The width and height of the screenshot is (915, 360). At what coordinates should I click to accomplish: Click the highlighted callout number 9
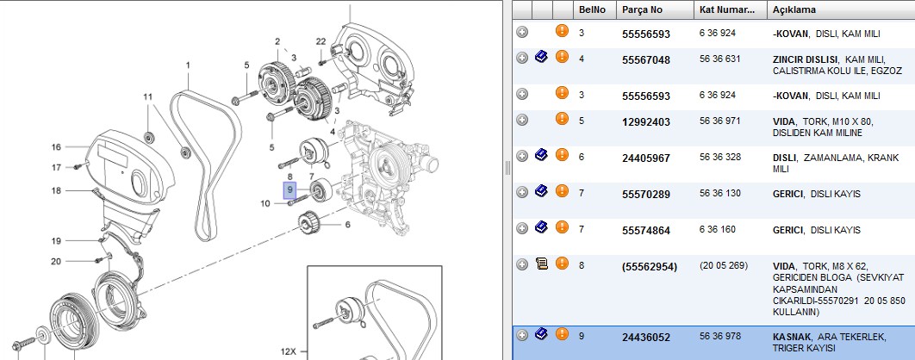(290, 190)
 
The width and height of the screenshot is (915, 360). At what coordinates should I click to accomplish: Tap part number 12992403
(646, 122)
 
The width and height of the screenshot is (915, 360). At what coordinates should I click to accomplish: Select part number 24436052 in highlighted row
(646, 338)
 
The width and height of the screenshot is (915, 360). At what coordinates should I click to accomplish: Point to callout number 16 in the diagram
(56, 147)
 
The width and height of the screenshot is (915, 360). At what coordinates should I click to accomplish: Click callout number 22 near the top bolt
(321, 40)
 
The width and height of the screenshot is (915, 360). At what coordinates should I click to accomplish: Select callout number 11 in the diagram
(147, 96)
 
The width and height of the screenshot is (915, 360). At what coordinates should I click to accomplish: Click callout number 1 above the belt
(188, 65)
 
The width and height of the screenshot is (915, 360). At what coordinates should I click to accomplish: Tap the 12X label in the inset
(289, 352)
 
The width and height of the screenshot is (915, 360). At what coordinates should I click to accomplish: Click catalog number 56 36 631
(716, 59)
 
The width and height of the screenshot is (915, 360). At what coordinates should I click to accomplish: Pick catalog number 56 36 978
(716, 336)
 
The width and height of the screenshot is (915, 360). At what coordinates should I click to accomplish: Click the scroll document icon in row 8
(542, 264)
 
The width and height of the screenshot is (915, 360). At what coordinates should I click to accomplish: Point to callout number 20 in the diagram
(56, 262)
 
